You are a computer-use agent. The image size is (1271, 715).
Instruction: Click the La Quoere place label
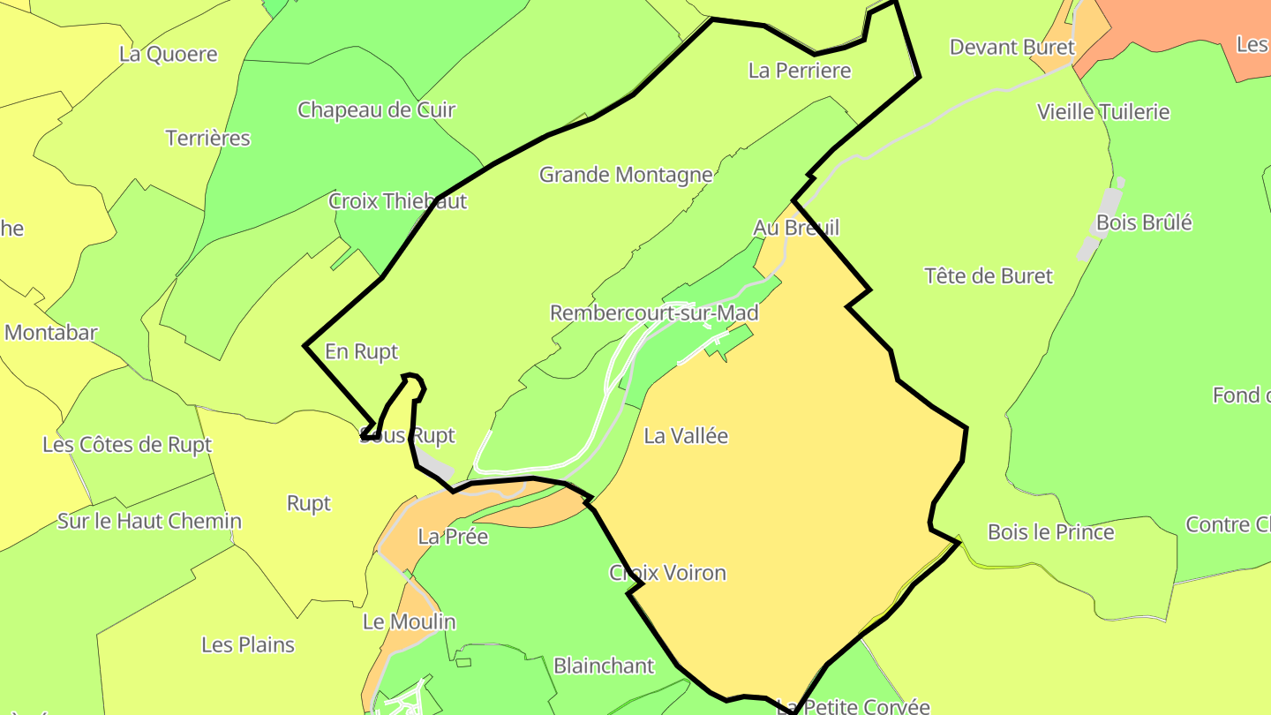(x=168, y=54)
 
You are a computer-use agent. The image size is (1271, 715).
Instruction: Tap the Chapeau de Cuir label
(x=376, y=110)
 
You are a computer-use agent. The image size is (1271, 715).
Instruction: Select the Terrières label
(x=207, y=139)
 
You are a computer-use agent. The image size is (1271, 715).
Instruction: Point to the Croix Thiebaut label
(x=397, y=201)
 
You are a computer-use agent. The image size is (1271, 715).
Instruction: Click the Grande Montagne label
(x=625, y=175)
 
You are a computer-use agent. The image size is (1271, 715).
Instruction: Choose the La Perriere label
(x=799, y=71)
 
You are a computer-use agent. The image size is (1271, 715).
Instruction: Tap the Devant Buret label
(x=1012, y=47)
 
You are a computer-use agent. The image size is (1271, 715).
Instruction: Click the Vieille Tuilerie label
(x=1103, y=112)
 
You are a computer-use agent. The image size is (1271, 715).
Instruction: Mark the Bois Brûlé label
(x=1143, y=222)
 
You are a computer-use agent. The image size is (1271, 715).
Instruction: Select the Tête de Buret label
(x=989, y=276)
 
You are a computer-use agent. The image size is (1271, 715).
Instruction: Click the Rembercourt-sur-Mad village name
(x=654, y=313)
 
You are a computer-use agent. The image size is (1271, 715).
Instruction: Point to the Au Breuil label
(x=795, y=228)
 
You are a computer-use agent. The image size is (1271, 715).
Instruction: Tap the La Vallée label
(x=686, y=435)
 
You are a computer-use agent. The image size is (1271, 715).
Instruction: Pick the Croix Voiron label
(x=667, y=573)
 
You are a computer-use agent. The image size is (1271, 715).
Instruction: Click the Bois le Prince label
(x=1050, y=532)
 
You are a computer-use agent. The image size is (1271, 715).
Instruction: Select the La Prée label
(x=453, y=537)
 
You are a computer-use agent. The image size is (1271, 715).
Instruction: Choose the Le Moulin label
(x=409, y=622)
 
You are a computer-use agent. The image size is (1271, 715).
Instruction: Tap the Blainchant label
(x=604, y=666)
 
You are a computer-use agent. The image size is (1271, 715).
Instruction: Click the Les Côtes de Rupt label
(x=127, y=445)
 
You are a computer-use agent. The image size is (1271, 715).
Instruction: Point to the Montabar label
(x=50, y=333)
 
